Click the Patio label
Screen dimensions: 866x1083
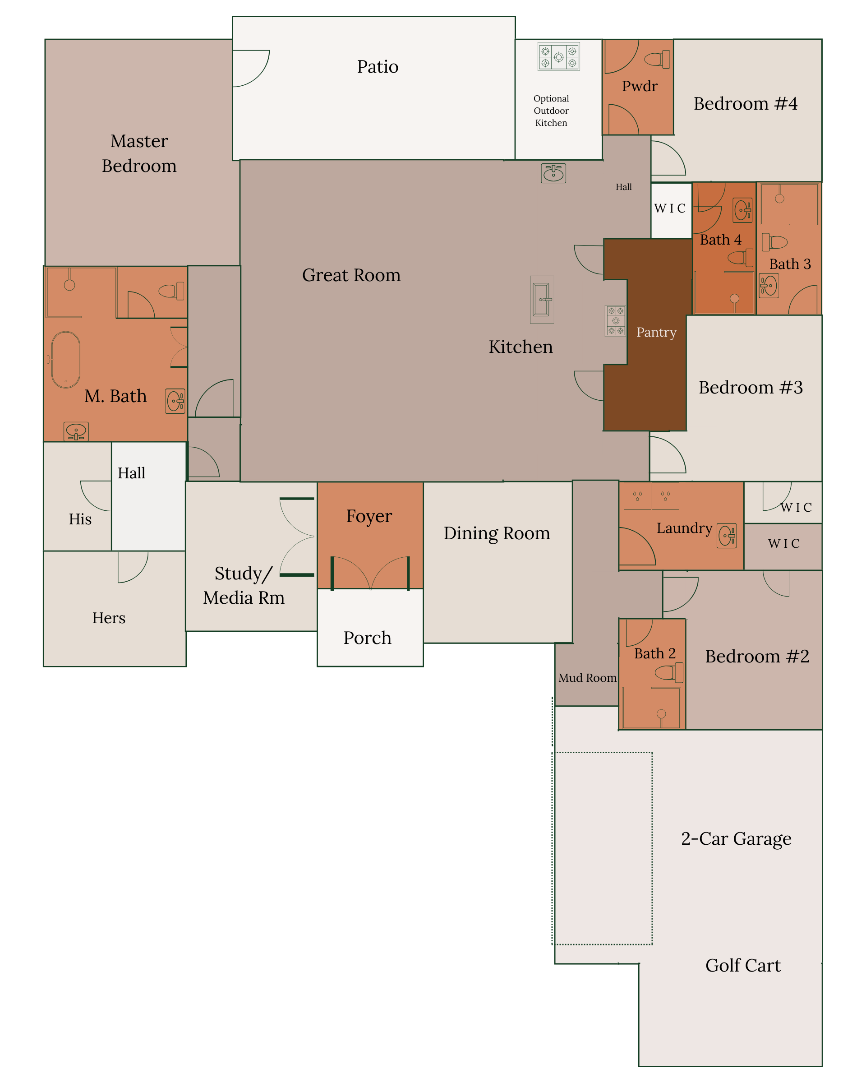click(378, 67)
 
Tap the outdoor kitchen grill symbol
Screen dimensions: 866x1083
click(558, 57)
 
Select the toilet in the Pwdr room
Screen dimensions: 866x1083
click(657, 59)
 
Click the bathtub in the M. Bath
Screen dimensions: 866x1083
click(66, 360)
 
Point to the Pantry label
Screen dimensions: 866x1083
click(656, 333)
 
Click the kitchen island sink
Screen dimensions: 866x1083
click(542, 299)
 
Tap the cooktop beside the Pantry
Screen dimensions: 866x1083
click(616, 321)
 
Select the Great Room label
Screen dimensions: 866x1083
click(351, 275)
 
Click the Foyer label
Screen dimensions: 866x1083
click(369, 516)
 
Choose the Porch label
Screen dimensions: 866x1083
click(368, 638)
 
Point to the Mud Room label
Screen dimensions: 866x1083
click(587, 678)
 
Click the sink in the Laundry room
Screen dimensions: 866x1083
click(727, 536)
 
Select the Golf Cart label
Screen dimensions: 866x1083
click(743, 966)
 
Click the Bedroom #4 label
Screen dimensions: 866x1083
click(746, 104)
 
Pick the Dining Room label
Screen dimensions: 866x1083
click(497, 533)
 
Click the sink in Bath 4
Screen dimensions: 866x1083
click(742, 210)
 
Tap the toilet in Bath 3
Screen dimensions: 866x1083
click(774, 242)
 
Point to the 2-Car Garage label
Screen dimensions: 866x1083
click(736, 839)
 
